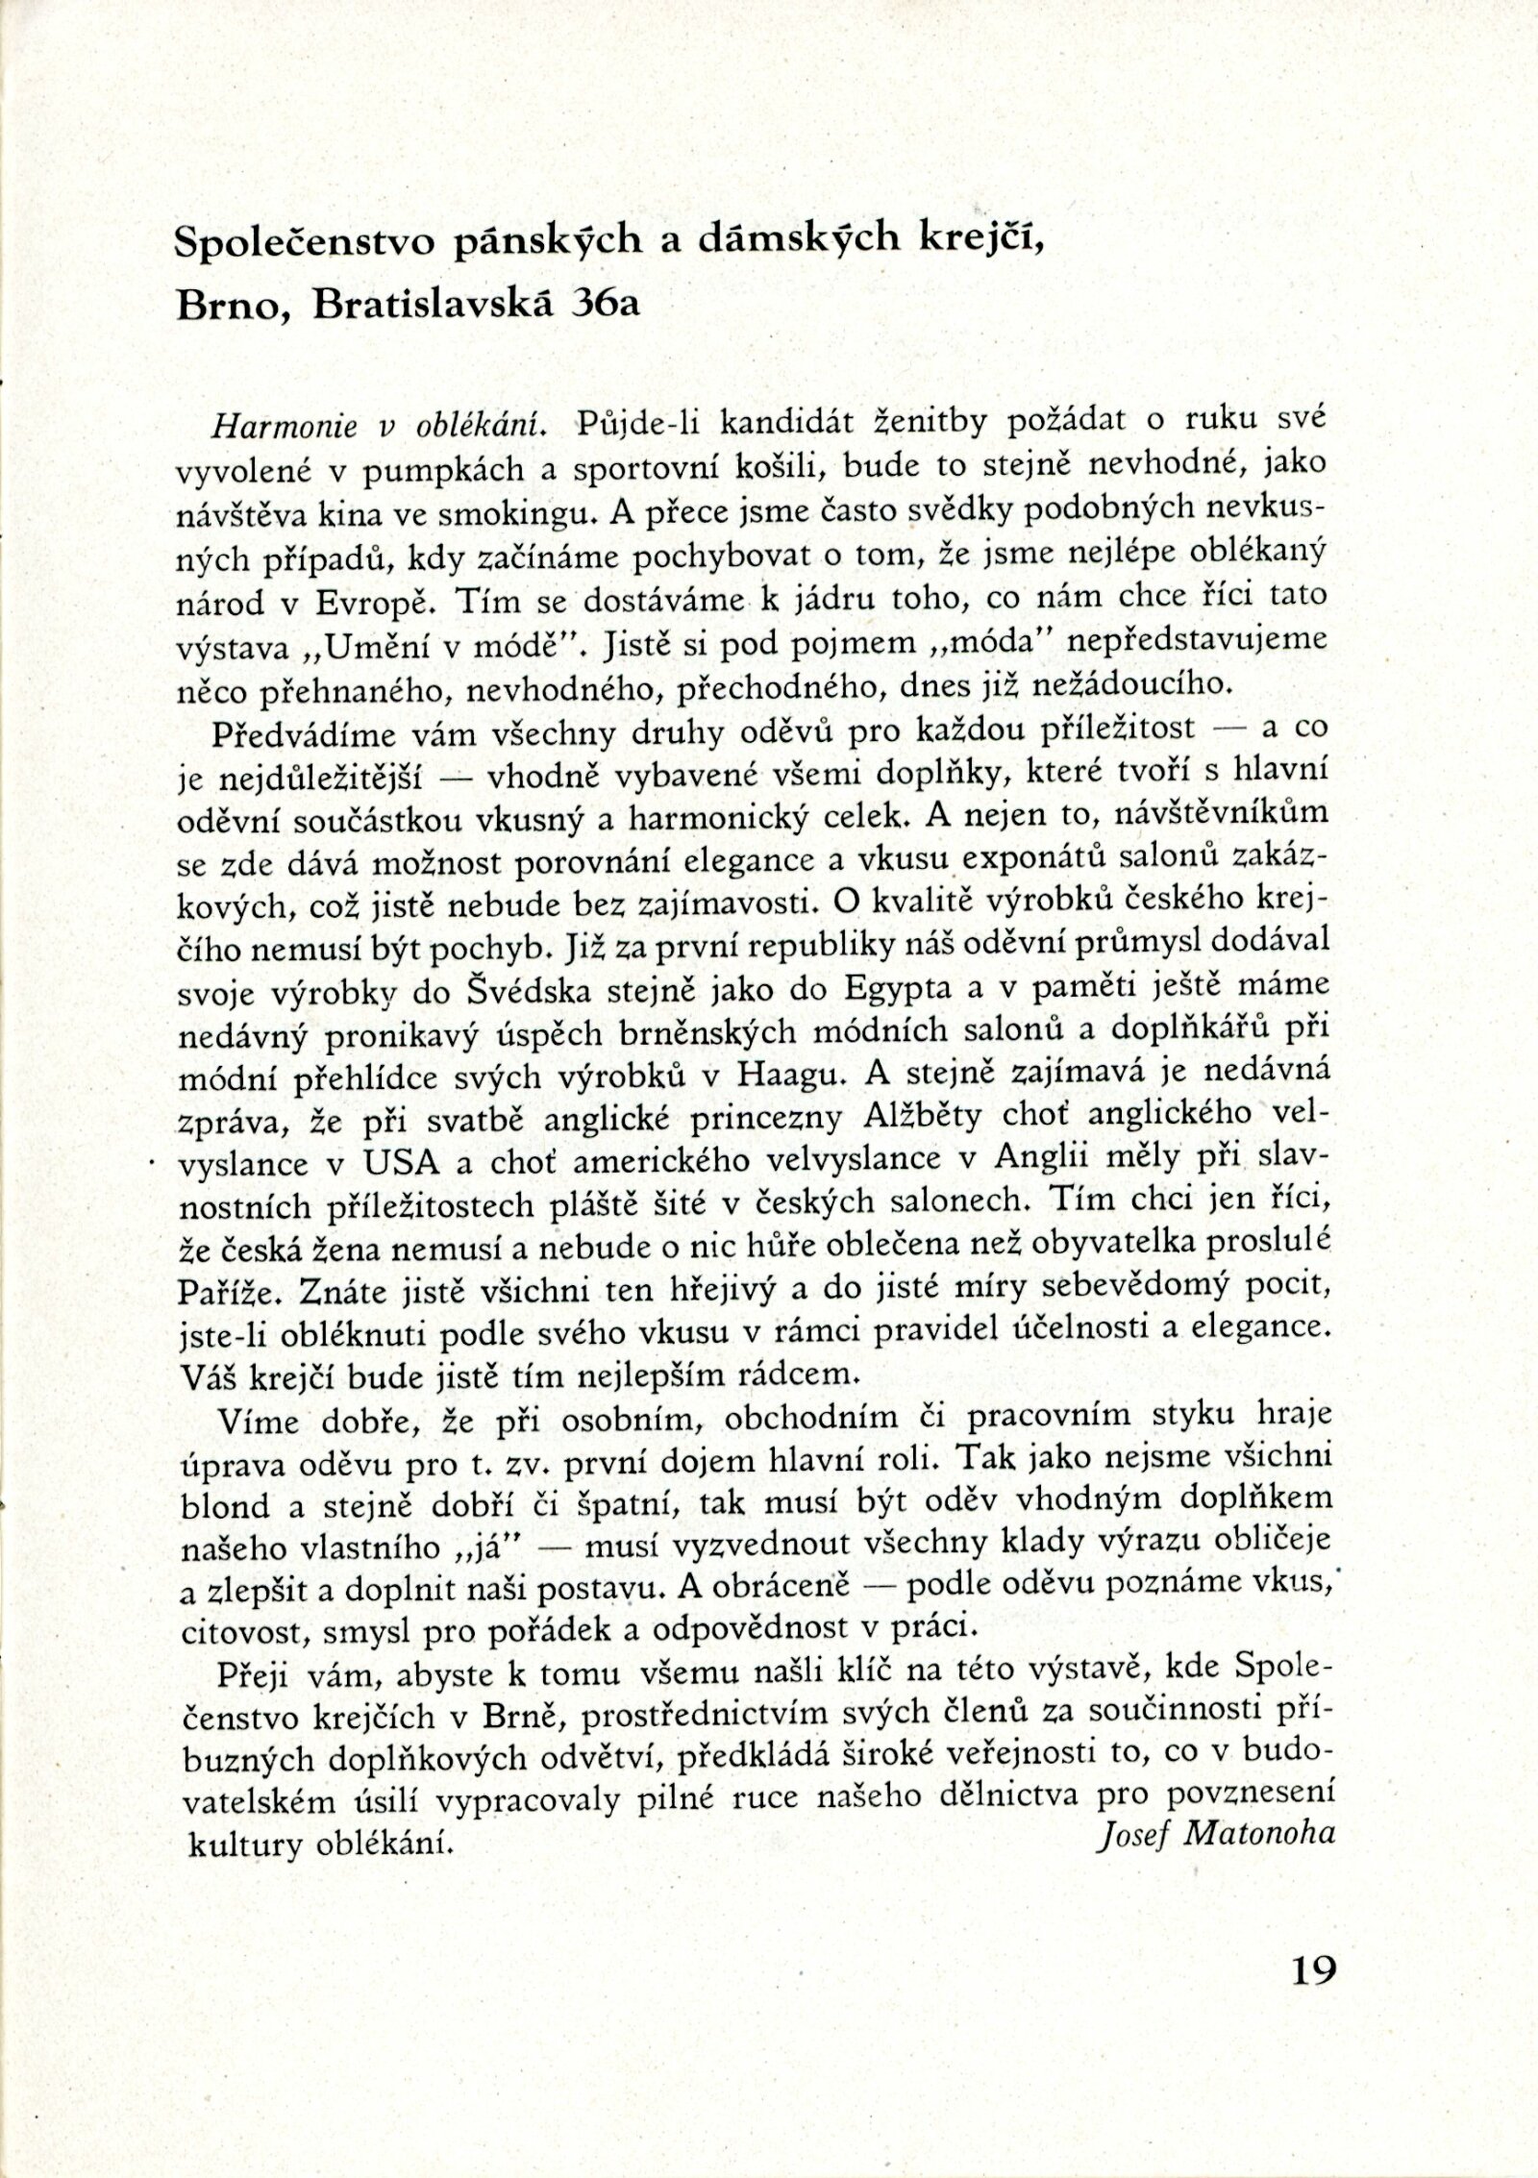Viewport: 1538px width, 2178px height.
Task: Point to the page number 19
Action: (x=1308, y=1945)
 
